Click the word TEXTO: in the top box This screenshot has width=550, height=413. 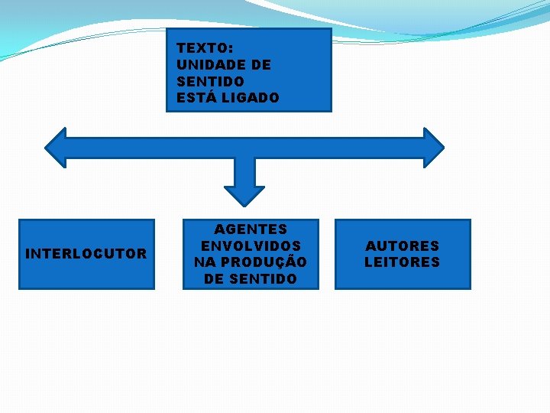tap(205, 48)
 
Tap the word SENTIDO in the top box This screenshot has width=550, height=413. tap(210, 81)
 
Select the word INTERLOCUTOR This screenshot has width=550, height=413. tap(86, 254)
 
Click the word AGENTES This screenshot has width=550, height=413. tap(251, 229)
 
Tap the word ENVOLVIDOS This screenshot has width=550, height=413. tap(251, 246)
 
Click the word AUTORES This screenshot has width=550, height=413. tap(403, 246)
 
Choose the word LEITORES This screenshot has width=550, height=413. tap(403, 262)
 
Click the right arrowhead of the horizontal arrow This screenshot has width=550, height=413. tap(433, 148)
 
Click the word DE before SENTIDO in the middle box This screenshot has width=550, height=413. tap(213, 278)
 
